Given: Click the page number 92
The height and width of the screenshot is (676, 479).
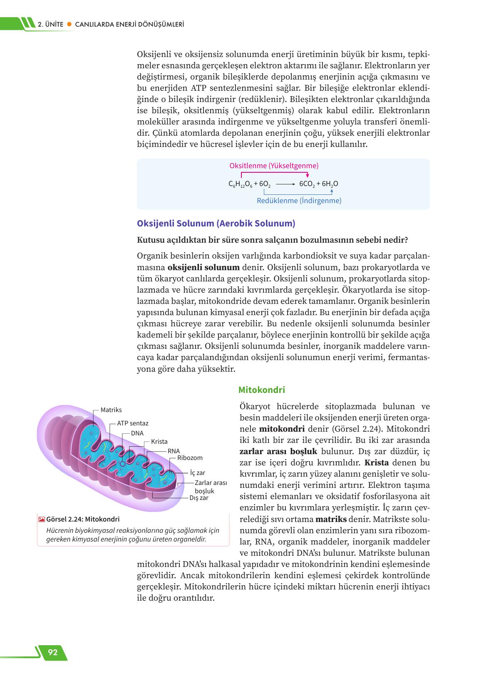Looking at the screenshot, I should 52,652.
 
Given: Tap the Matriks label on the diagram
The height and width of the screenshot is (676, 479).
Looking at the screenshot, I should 111,410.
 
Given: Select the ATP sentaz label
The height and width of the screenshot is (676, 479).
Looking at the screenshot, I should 132,423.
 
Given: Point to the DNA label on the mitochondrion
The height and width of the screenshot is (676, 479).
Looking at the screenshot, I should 137,433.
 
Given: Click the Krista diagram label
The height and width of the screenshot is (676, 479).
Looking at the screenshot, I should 159,442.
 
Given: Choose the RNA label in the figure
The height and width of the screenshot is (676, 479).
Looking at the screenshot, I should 174,451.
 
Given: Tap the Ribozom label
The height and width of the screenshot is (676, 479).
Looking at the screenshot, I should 190,458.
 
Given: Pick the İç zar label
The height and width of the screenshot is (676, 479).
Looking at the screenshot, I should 198,473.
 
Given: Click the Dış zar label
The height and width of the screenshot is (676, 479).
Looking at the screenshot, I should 199,498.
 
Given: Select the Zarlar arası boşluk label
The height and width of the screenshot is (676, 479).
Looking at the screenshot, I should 211,487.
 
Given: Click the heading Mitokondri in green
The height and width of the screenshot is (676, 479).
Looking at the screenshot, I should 261,390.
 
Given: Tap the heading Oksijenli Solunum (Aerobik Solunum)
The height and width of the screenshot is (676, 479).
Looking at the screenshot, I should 216,224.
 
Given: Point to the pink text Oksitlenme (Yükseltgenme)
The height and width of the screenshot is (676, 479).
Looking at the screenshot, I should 274,166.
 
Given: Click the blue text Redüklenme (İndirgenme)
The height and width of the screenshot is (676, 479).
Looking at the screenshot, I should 299,201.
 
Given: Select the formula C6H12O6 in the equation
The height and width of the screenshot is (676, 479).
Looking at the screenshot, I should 240,184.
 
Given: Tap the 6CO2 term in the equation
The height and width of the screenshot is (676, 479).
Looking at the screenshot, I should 307,184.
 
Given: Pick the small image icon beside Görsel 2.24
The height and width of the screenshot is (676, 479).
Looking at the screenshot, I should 42,519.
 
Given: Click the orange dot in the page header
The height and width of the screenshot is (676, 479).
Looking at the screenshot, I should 69,25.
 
